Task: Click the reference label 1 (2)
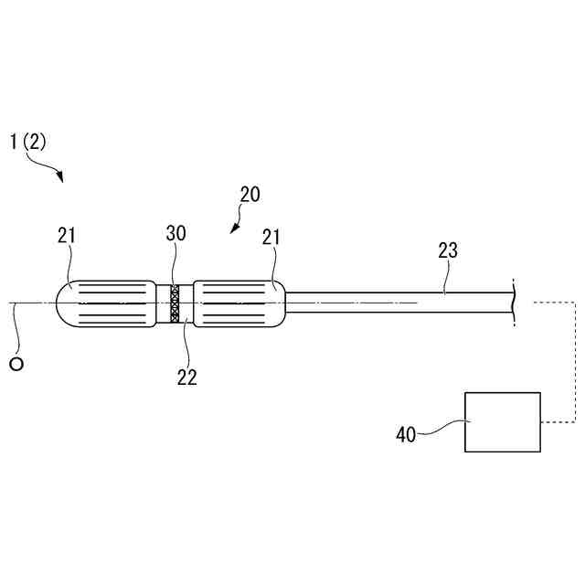(x=27, y=142)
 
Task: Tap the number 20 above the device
(x=250, y=194)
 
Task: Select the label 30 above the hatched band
(x=175, y=233)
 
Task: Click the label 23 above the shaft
(x=448, y=250)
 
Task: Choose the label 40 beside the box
(x=405, y=434)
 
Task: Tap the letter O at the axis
(x=16, y=364)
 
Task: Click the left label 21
(x=67, y=235)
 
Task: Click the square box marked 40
(x=502, y=421)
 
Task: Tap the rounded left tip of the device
(x=64, y=303)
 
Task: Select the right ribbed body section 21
(x=233, y=303)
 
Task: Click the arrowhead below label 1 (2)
(x=60, y=178)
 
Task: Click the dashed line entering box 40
(x=558, y=421)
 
